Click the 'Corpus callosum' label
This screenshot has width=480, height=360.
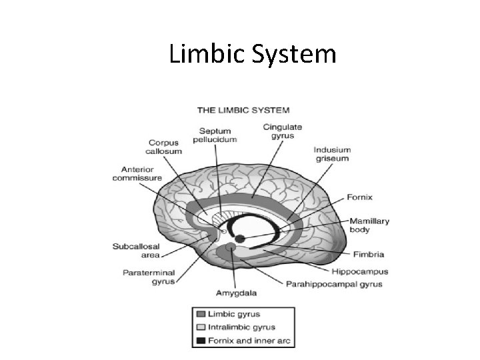coord(164,147)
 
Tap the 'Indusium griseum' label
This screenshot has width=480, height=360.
coord(332,155)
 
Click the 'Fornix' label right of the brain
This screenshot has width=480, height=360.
coord(359,197)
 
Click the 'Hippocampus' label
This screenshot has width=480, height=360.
coord(360,271)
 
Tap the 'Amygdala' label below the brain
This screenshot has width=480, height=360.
coord(236,293)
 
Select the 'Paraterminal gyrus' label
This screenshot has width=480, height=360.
coord(148,277)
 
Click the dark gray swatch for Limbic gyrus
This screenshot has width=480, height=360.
coord(201,313)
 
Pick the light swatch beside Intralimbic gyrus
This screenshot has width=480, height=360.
coord(201,327)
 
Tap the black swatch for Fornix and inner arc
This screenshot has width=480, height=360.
coord(201,341)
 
